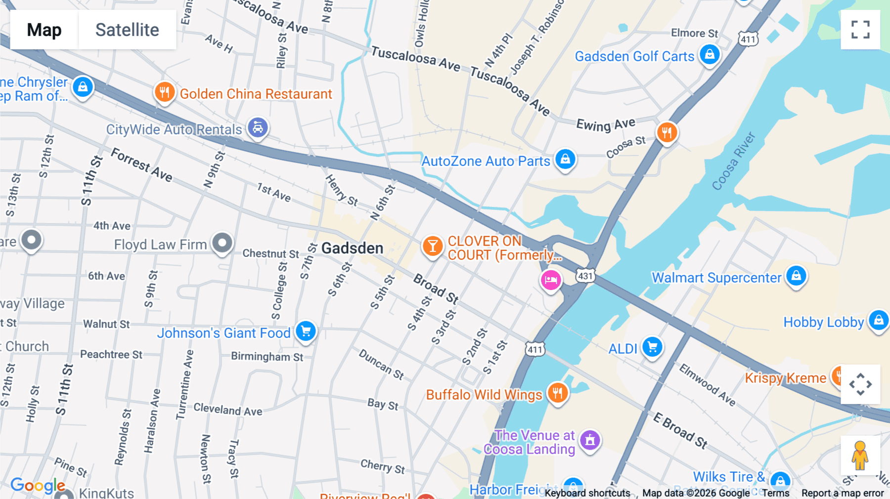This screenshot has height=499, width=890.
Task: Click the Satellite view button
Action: [127, 30]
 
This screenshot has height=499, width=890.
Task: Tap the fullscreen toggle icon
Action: [860, 30]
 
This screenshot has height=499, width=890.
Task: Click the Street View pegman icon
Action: [860, 456]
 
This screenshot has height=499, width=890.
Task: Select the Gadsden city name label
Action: [352, 248]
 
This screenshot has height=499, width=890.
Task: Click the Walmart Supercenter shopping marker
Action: [796, 276]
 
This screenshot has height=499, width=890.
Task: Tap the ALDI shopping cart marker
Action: [652, 347]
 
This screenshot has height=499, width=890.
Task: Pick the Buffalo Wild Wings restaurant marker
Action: [558, 393]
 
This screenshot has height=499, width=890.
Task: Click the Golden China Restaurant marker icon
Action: [165, 92]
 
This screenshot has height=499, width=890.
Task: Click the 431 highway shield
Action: [585, 276]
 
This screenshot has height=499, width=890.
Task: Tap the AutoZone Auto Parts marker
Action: [565, 159]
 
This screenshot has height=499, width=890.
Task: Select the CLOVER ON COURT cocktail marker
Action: [432, 246]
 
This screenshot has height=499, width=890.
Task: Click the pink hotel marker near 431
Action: [550, 281]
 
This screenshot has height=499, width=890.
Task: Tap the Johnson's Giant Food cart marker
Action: [306, 331]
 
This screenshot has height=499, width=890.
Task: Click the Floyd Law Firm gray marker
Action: [222, 243]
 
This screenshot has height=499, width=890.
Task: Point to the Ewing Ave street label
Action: [605, 124]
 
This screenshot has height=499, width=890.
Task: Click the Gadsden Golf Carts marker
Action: [710, 54]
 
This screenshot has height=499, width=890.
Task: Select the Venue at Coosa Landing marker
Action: [589, 440]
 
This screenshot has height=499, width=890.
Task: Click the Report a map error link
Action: [842, 493]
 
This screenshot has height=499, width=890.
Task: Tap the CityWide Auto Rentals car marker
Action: [258, 127]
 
